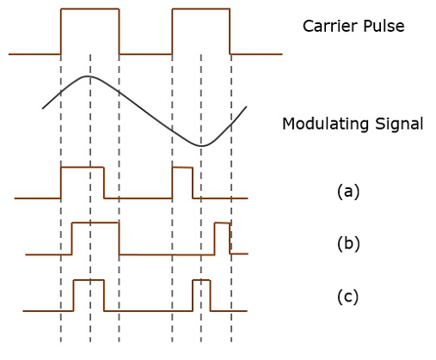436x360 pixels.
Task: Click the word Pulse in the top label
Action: (383, 26)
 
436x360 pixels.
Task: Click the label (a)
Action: (347, 191)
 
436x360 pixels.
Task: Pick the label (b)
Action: (347, 243)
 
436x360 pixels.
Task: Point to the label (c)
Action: (347, 297)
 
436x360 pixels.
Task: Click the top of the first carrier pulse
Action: (89, 9)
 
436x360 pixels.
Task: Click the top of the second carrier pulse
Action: (201, 9)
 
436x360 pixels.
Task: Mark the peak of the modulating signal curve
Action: (88, 76)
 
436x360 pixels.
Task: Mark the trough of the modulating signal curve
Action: (201, 145)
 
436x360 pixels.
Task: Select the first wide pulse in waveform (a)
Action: (82, 168)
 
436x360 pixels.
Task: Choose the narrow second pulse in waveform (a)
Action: (182, 168)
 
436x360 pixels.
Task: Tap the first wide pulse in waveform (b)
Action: (95, 223)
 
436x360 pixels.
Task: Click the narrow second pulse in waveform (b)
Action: (222, 223)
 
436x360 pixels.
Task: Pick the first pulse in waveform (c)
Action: (89, 280)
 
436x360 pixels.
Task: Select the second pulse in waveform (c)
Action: (201, 280)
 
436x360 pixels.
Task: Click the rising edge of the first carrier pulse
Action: (61, 32)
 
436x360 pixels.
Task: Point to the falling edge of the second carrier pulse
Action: (230, 32)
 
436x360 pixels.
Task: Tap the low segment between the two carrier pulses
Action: (145, 53)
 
